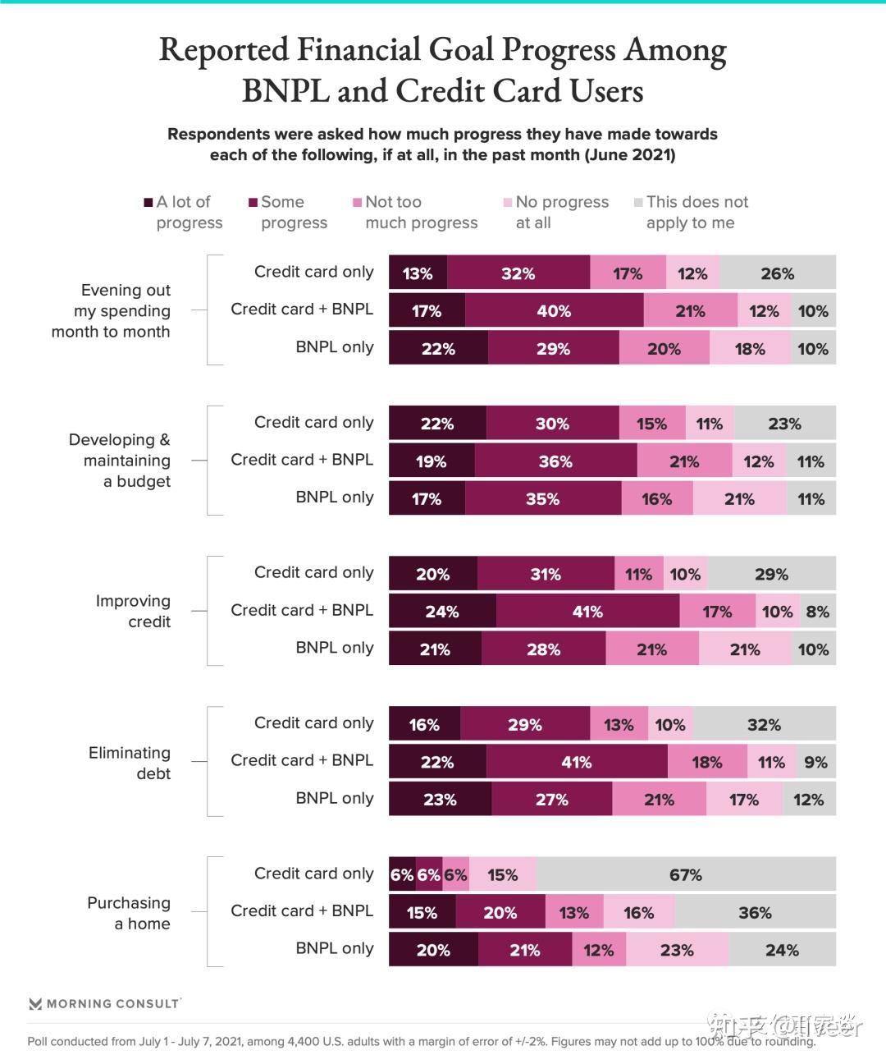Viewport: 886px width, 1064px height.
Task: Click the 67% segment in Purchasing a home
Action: pos(686,874)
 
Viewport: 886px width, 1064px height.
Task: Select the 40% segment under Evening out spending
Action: pos(554,311)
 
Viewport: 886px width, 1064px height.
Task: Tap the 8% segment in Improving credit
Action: pos(817,612)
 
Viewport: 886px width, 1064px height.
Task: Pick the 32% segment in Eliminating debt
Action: pos(764,725)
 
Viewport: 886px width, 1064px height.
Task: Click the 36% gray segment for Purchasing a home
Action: pos(755,912)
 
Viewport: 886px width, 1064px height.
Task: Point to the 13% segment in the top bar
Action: pos(418,273)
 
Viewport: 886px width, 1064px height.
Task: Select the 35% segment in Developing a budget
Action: pos(542,499)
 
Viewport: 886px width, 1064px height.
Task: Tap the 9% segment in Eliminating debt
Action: pos(815,762)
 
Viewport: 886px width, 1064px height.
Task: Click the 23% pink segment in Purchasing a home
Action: pos(677,950)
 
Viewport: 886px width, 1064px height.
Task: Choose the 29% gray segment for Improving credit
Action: pos(771,574)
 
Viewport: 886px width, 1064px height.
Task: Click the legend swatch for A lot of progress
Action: pos(148,202)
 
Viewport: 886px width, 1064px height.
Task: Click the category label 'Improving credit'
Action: pos(133,611)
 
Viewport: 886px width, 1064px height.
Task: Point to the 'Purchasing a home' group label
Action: pos(129,913)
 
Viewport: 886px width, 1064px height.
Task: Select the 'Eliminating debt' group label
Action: pos(130,763)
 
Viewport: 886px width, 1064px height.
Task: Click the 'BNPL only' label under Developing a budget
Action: pos(334,497)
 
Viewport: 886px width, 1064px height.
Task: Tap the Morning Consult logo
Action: pos(104,1003)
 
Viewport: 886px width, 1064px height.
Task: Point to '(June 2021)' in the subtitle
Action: pos(629,155)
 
